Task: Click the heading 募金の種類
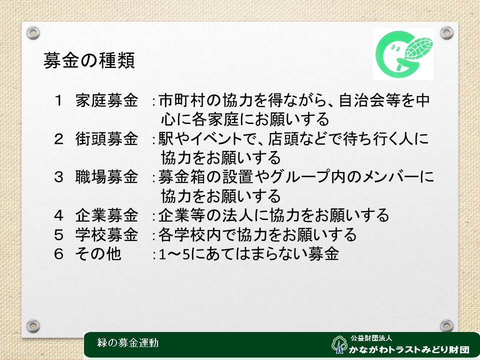89,60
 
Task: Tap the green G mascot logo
403,54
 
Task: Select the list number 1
58,100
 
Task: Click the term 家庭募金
107,100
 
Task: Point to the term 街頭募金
107,138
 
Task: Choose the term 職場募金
107,177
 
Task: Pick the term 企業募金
107,215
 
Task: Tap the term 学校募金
107,234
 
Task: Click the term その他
98,254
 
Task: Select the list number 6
58,254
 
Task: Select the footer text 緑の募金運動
128,342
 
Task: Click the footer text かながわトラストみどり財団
409,349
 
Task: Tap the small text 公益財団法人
371,338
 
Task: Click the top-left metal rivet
33,33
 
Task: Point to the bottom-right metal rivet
446,325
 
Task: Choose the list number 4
58,215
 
